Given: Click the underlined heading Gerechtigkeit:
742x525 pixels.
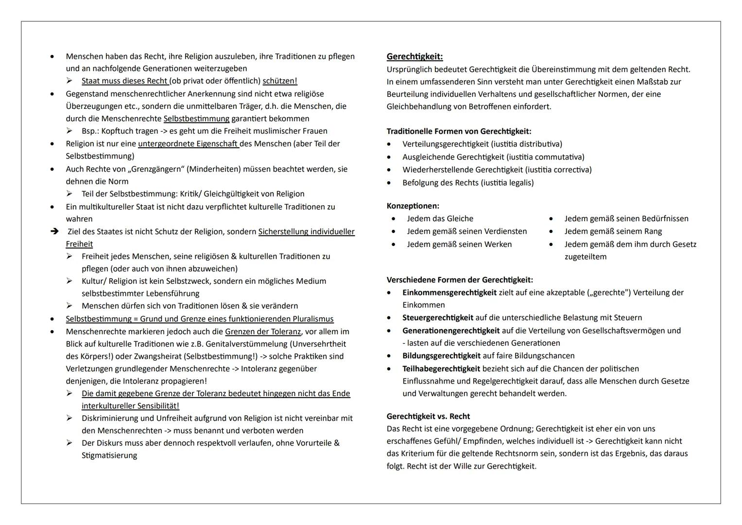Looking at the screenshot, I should point(414,57).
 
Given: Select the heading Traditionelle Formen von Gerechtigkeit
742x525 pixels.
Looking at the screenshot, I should point(459,131).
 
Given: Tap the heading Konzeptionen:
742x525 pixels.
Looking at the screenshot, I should point(413,206).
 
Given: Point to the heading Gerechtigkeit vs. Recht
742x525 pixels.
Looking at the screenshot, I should point(428,417).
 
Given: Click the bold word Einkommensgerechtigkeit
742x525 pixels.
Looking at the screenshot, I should point(449,293).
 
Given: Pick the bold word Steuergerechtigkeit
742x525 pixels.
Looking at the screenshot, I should point(437,318).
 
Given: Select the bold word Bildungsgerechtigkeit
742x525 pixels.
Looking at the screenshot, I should point(441,356).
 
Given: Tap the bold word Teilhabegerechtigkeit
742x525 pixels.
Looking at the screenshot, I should point(441,369).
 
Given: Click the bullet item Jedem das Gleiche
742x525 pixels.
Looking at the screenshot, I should point(440,219).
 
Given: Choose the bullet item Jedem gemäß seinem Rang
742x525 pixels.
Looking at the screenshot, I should point(613,231).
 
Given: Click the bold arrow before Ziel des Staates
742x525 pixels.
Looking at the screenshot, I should point(54,231).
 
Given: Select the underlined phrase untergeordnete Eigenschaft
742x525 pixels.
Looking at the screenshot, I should point(188,144).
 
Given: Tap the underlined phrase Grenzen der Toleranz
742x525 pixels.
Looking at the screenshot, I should point(262,332).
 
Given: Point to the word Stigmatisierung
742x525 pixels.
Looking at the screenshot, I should point(109,455).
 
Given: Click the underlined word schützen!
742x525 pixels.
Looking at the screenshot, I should point(279,81).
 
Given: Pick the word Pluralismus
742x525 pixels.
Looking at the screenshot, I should point(313,319).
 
